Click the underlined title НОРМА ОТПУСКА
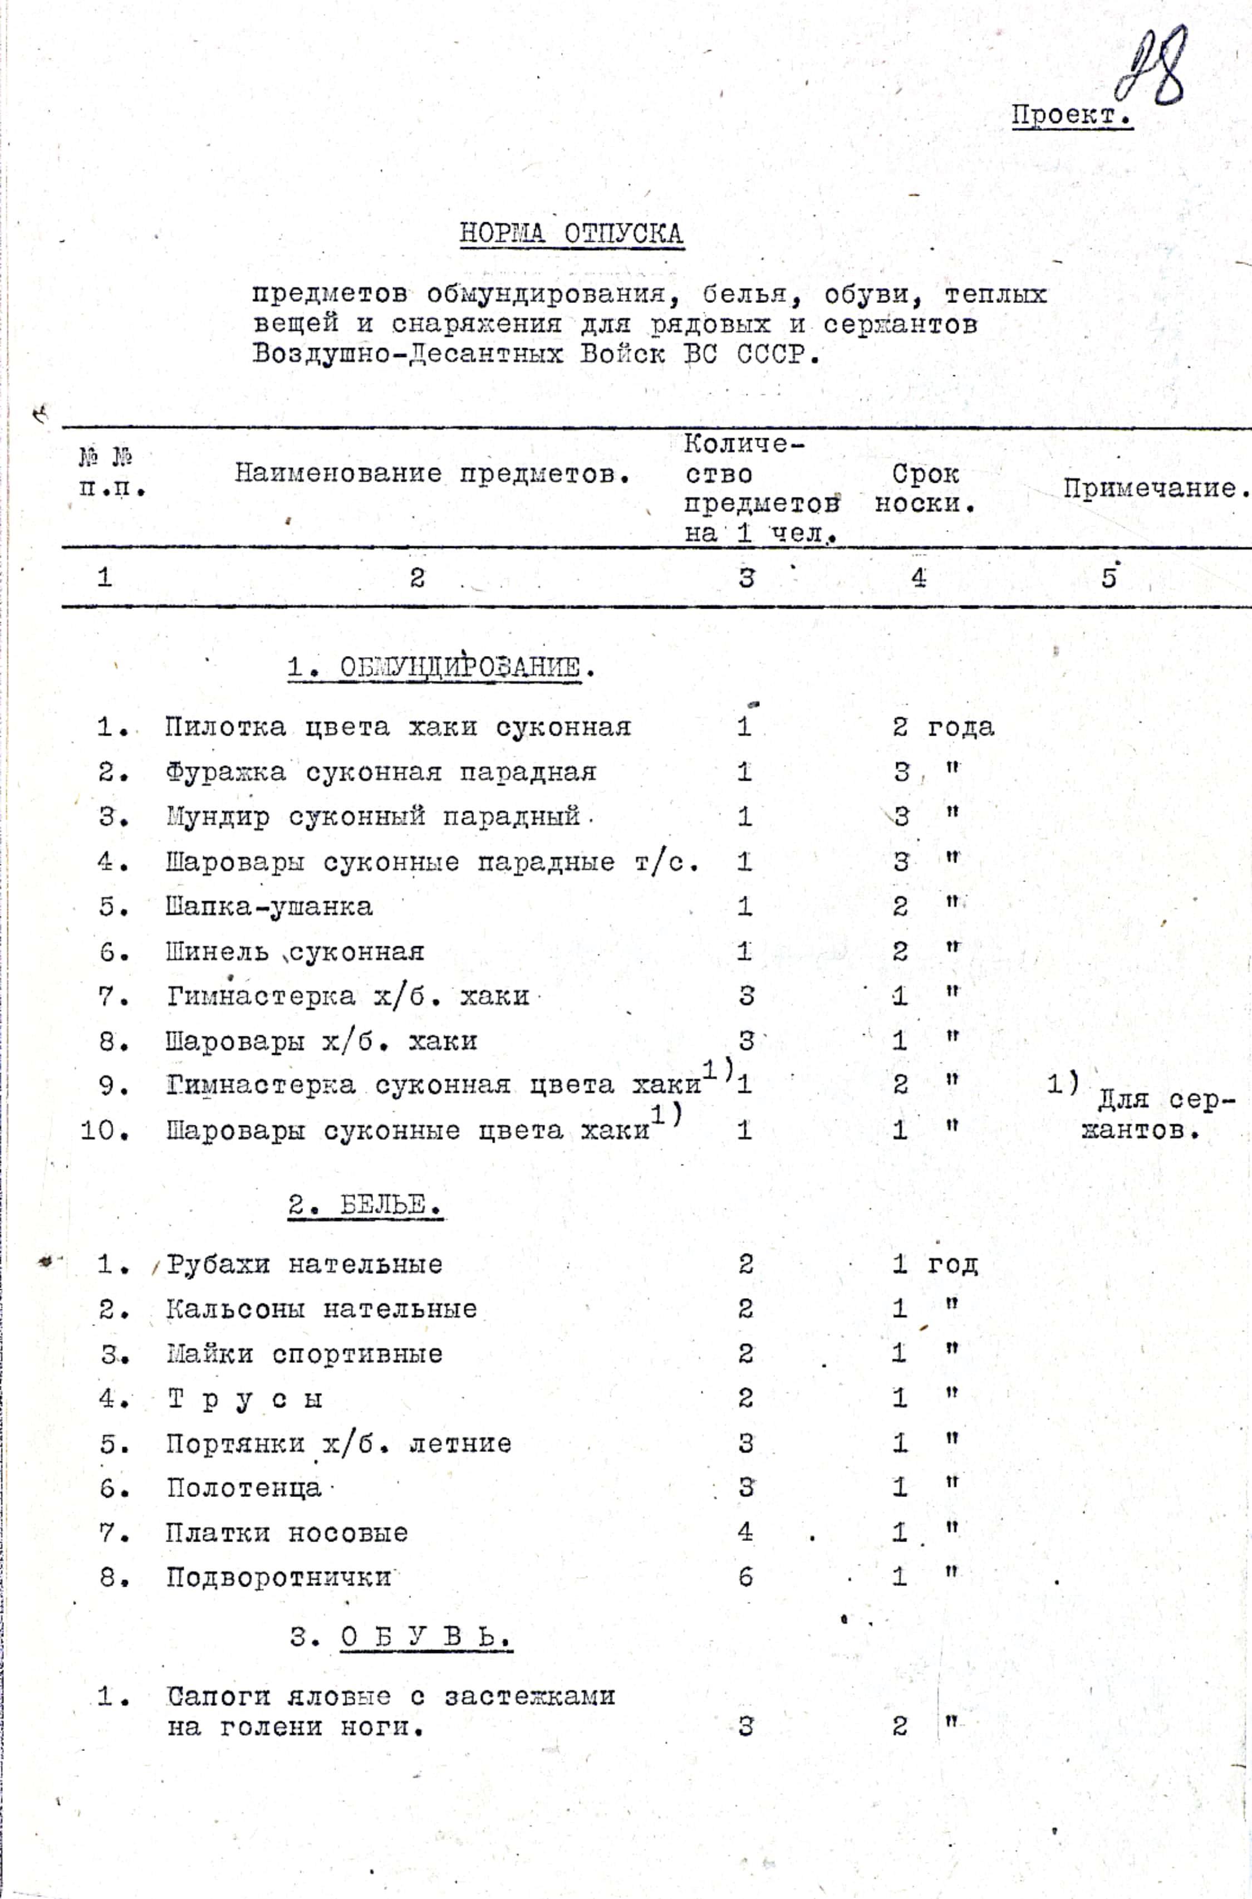(x=571, y=234)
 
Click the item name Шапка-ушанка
(x=268, y=907)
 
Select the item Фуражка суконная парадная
(x=380, y=772)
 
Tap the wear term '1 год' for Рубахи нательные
(x=934, y=1264)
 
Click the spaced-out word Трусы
(x=244, y=1399)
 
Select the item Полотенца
(x=243, y=1488)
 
